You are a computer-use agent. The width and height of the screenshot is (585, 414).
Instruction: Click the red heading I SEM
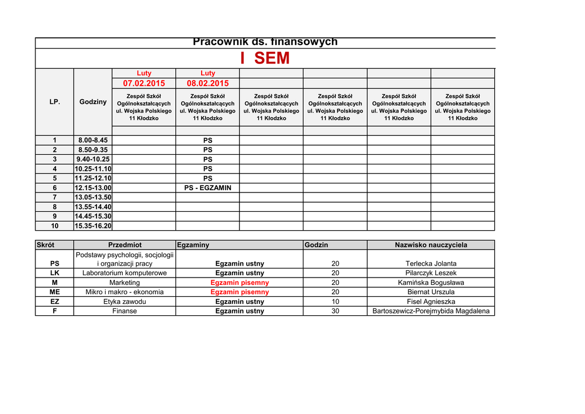[x=265, y=58]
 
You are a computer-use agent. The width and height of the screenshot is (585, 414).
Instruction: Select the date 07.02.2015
[x=144, y=83]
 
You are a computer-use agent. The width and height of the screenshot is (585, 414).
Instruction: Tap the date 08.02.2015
[x=207, y=83]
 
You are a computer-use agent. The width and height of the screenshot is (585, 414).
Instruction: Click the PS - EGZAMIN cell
[x=207, y=188]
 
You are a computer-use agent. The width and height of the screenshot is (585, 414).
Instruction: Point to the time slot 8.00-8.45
[x=93, y=140]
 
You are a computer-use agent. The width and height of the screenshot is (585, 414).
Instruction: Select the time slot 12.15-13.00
[x=93, y=188]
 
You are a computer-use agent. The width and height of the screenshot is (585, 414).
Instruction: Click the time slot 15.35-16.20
[x=93, y=226]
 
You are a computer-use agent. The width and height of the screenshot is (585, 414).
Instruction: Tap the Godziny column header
[x=93, y=102]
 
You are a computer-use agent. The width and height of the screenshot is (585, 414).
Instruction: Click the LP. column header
[x=55, y=102]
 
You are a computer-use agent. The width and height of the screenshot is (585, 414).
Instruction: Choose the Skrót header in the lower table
[x=45, y=245]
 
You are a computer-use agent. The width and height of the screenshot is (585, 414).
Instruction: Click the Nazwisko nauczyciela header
[x=431, y=245]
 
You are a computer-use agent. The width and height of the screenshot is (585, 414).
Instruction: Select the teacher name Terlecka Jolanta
[x=431, y=264]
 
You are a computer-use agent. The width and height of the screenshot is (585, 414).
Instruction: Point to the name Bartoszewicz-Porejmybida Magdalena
[x=431, y=311]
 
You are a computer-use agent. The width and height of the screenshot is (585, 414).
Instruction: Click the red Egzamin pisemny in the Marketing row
[x=239, y=283]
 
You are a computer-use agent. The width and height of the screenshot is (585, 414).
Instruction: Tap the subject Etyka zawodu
[x=125, y=302]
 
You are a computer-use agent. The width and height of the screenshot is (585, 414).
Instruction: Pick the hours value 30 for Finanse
[x=335, y=311]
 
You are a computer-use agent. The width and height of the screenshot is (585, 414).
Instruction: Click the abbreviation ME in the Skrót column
[x=55, y=292]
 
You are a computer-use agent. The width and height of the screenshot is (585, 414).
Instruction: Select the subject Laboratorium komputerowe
[x=125, y=273]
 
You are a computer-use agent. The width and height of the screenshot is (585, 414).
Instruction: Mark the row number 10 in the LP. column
[x=55, y=226]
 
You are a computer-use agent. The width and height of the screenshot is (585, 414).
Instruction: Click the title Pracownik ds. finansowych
[x=265, y=42]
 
